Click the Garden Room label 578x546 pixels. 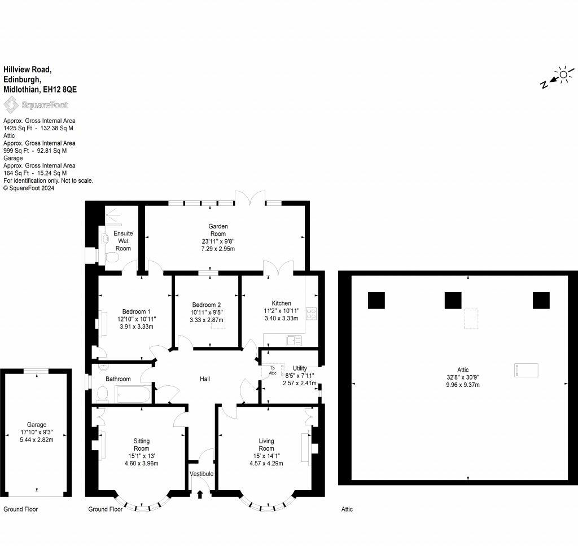(218, 230)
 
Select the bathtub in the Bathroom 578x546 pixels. (133, 394)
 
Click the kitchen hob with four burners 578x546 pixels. (312, 314)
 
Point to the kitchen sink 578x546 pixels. (294, 341)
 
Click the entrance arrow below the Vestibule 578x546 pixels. (200, 494)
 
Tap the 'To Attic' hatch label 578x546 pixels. (273, 370)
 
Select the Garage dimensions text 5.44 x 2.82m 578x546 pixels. (37, 439)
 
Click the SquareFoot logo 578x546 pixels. (36, 105)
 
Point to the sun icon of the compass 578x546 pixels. (563, 75)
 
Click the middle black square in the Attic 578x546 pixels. (453, 300)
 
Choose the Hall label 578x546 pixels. (205, 378)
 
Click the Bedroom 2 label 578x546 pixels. (207, 305)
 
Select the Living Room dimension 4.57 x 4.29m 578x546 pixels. (266, 464)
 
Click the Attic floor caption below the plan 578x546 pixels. (347, 509)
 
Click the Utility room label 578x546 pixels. (300, 368)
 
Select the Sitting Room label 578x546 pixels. (142, 444)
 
